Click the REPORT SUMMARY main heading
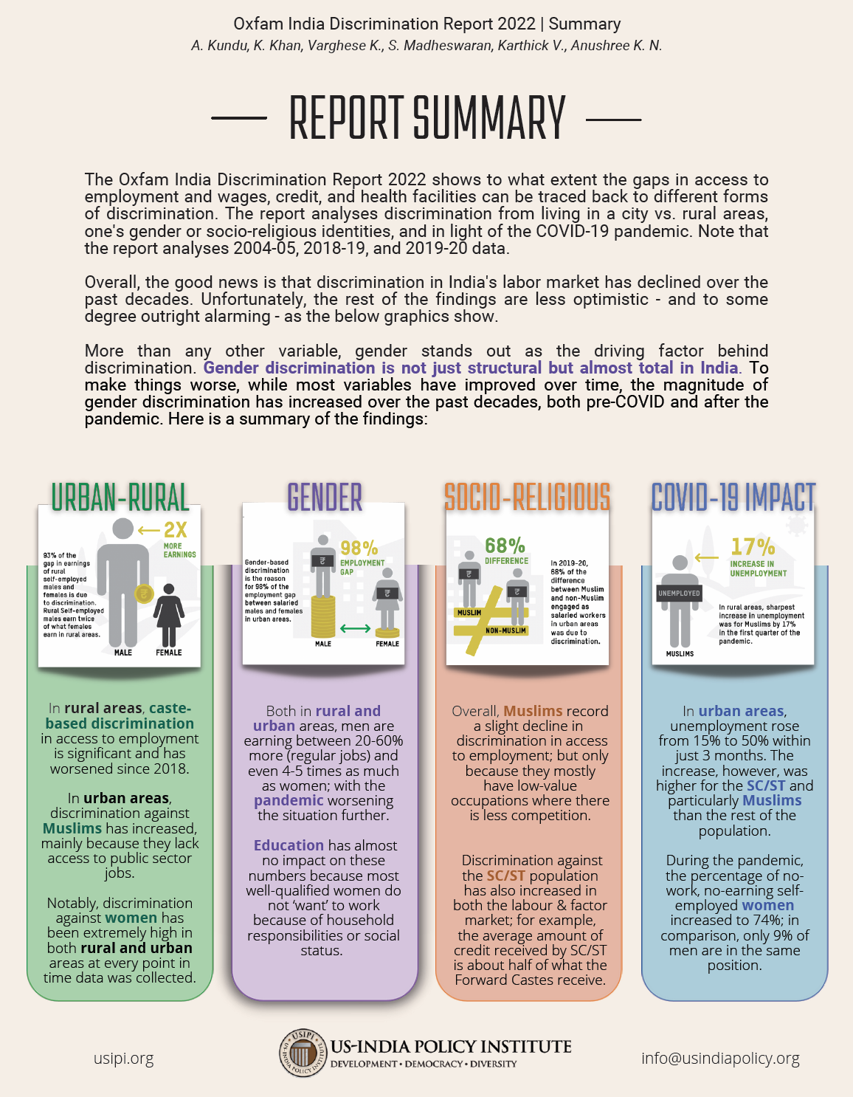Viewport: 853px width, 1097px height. [426, 118]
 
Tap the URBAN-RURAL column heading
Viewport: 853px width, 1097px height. [120, 497]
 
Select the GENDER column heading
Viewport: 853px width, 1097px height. [325, 498]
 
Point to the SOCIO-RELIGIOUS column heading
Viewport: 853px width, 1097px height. [527, 497]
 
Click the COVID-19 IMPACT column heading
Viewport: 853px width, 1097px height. [733, 497]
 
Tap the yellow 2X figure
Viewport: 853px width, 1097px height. [176, 529]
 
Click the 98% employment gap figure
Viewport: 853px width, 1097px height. [359, 548]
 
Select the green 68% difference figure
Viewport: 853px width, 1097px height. [505, 546]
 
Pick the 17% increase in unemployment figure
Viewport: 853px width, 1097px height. [752, 547]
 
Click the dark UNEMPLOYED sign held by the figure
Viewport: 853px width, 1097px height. [679, 593]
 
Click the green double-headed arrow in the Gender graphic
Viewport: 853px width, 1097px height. [356, 628]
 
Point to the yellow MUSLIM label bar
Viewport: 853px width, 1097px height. [470, 613]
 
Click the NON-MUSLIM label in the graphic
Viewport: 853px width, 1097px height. [506, 630]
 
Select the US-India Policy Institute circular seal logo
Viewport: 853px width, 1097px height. [303, 1052]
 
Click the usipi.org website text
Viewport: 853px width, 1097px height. [124, 1058]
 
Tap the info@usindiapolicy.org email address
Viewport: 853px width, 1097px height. [720, 1058]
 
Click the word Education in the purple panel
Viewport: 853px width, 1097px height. [289, 845]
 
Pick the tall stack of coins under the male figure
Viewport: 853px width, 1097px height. [322, 617]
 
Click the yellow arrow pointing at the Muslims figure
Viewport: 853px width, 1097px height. [706, 557]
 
